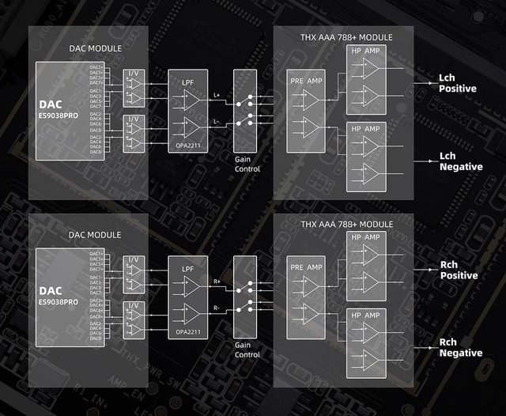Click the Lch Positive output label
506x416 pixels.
point(458,83)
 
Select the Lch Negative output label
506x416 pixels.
point(459,161)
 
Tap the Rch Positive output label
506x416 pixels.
point(459,270)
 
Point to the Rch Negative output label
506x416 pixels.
point(459,347)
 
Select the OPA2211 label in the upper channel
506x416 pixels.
point(185,146)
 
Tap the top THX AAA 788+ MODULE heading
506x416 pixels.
point(346,37)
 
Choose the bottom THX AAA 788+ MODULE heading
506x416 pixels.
point(346,224)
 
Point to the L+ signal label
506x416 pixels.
point(217,96)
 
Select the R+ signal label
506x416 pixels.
point(217,282)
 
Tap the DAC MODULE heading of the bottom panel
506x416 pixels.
point(95,235)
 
